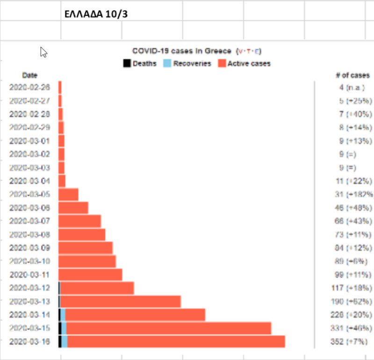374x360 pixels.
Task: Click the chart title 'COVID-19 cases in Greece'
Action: click(181, 51)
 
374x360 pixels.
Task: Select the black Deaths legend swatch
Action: click(126, 64)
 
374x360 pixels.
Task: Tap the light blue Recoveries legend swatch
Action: click(167, 64)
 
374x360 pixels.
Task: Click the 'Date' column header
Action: click(29, 75)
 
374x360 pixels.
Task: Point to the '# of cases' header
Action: click(352, 75)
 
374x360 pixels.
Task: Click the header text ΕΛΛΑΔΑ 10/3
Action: click(96, 14)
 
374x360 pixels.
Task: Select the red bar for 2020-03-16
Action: click(175, 341)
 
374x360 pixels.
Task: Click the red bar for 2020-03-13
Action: click(120, 301)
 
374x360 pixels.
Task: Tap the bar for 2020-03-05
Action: click(68, 194)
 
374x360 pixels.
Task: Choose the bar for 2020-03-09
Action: click(86, 247)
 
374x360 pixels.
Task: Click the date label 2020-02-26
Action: click(29, 87)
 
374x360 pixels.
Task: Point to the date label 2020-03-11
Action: click(29, 275)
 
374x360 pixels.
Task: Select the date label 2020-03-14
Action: click(29, 315)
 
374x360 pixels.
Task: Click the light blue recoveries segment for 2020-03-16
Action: click(65, 341)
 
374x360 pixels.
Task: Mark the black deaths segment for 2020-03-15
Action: click(60, 328)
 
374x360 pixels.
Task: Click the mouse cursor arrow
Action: click(43, 52)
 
